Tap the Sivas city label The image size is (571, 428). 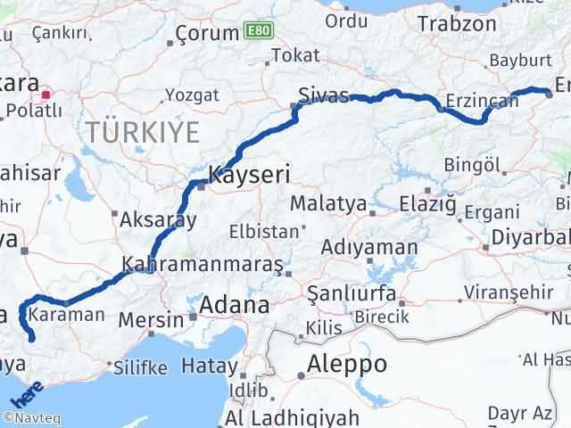pyautogui.click(x=323, y=95)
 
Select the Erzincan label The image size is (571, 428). pyautogui.click(x=481, y=101)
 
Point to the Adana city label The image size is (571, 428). pyautogui.click(x=234, y=305)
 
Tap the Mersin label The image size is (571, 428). pyautogui.click(x=160, y=314)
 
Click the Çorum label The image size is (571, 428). pyautogui.click(x=205, y=33)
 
